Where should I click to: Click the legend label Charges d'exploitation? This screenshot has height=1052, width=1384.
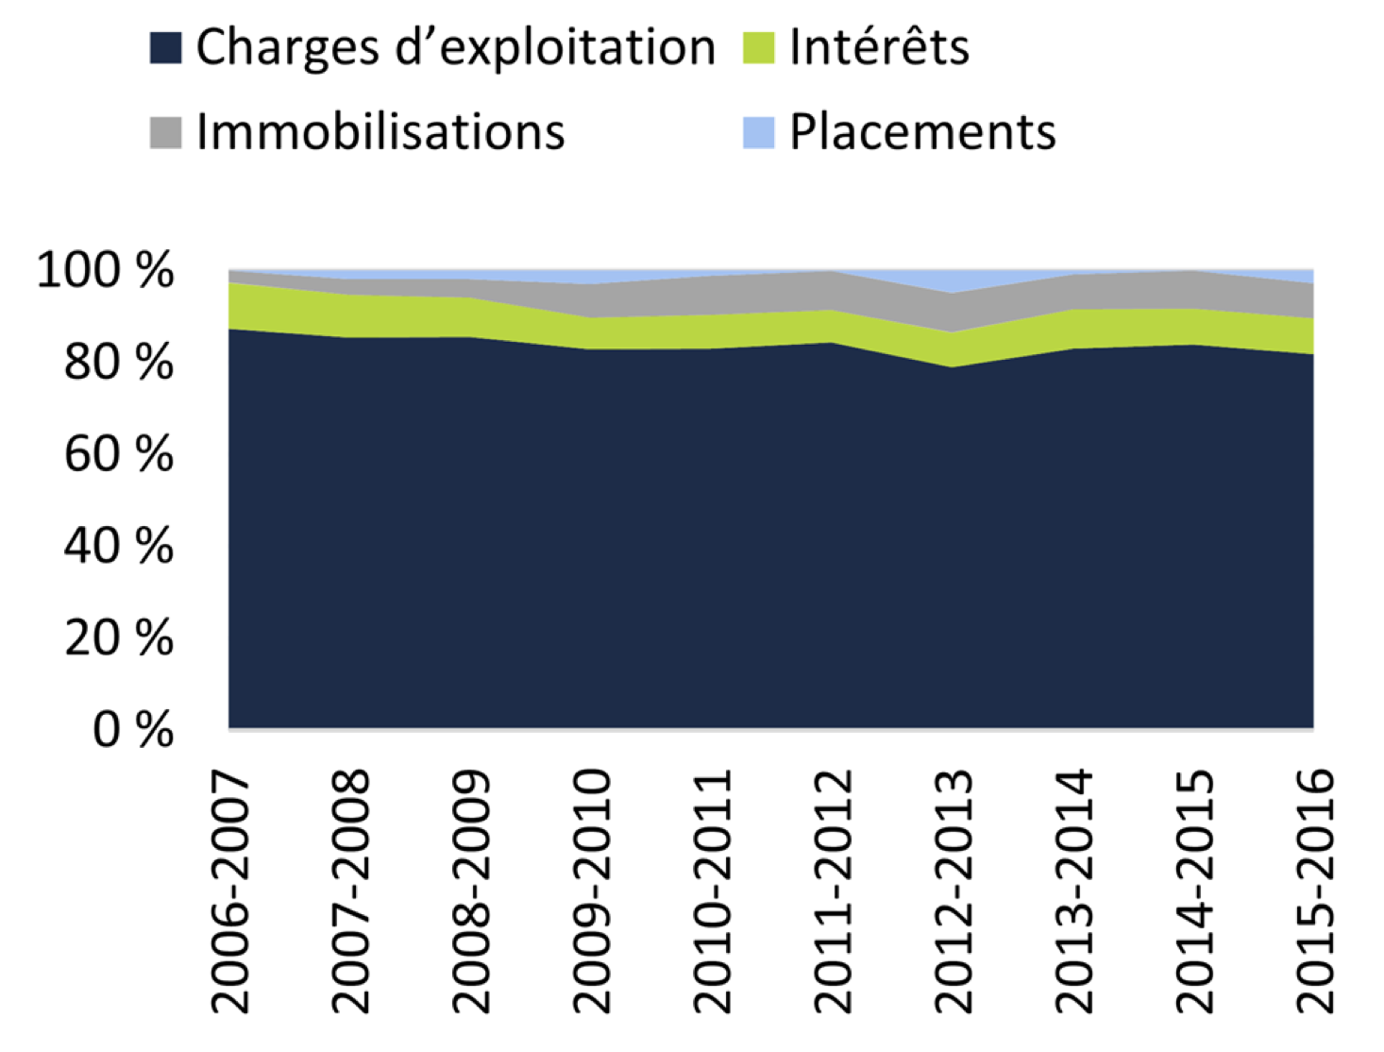pos(455,47)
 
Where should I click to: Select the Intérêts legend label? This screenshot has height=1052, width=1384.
pos(879,47)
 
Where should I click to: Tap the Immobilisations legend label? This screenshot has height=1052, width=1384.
pos(380,131)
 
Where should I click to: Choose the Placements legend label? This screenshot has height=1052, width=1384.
pos(922,131)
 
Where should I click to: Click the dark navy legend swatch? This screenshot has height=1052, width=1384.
pos(165,48)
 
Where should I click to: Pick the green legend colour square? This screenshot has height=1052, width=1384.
pos(758,48)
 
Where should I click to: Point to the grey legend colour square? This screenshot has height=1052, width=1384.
pos(165,132)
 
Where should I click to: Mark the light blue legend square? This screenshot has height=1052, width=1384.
pos(758,132)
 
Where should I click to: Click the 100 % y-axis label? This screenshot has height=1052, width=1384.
pos(105,270)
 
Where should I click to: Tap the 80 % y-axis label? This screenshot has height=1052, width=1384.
pos(119,363)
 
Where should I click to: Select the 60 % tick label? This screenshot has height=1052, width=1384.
pos(119,454)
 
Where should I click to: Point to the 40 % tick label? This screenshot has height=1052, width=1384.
pos(119,546)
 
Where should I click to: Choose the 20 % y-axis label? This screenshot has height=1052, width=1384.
pos(119,638)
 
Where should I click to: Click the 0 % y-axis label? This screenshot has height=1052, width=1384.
pos(133,730)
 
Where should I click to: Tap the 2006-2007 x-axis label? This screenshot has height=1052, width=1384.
pos(230,891)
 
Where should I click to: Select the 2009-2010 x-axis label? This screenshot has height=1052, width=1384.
pos(593,891)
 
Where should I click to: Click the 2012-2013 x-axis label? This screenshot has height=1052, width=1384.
pos(954,891)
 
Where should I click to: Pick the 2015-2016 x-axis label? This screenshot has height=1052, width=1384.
pos(1315,891)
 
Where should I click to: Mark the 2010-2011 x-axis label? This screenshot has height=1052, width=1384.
pos(713,891)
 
